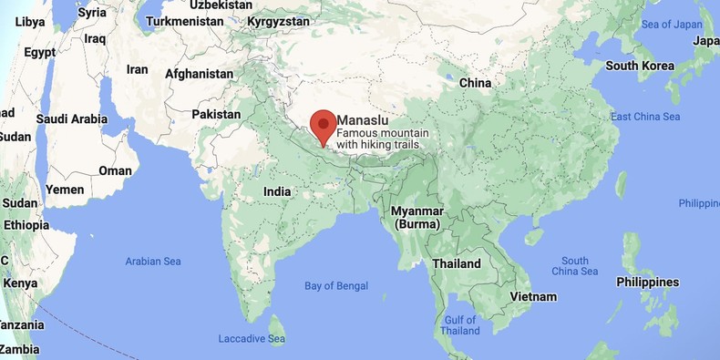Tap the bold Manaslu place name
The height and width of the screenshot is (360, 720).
tap(365, 119)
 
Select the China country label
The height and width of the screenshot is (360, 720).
tap(475, 83)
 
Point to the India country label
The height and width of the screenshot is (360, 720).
tap(277, 192)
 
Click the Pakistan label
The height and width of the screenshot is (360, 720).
tap(216, 115)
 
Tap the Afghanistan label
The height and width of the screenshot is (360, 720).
tap(199, 74)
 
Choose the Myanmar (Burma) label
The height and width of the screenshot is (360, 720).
tap(416, 217)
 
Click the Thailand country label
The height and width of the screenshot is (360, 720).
tap(457, 263)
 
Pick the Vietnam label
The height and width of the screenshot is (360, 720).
tap(534, 296)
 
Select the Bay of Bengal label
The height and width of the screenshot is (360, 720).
tap(337, 286)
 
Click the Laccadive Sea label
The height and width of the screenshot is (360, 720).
tap(252, 339)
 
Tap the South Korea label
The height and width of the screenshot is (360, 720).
tap(640, 66)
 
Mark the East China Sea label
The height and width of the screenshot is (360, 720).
tap(645, 117)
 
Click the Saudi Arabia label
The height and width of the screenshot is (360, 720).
tap(72, 118)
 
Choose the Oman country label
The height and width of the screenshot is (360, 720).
tap(116, 170)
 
